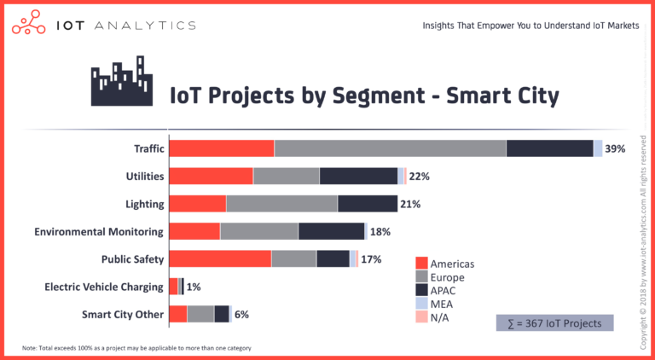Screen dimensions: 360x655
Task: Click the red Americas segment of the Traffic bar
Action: (x=222, y=148)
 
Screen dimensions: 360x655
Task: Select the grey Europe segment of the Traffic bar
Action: (x=390, y=148)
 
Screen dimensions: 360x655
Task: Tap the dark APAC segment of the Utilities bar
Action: (x=358, y=176)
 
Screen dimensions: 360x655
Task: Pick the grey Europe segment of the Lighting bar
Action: (x=281, y=204)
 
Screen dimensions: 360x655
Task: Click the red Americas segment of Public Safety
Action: (x=220, y=259)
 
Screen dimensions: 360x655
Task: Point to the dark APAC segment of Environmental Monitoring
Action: (x=332, y=231)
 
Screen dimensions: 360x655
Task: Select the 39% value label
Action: (x=615, y=148)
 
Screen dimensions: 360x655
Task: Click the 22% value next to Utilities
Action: (x=419, y=177)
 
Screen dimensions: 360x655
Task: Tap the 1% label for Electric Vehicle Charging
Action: (x=194, y=287)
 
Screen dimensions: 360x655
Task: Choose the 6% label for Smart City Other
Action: (x=241, y=315)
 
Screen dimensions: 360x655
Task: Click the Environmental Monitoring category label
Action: (x=98, y=231)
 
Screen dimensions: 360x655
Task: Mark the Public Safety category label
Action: (x=132, y=259)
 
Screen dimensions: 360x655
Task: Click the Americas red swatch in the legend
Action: (x=420, y=264)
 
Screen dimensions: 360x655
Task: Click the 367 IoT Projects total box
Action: (x=554, y=323)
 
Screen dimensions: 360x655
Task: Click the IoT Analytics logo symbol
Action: (x=28, y=24)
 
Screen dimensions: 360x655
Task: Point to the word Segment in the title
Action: (x=368, y=96)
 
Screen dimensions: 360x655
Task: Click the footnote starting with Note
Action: (x=136, y=348)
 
